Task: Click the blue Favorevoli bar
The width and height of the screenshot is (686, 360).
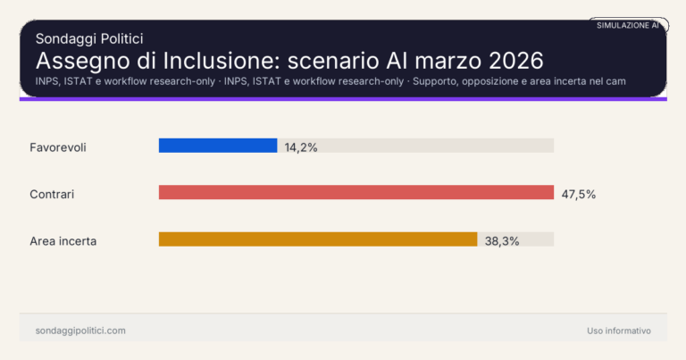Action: pyautogui.click(x=218, y=146)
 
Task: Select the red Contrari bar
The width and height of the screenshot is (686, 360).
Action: pyautogui.click(x=356, y=192)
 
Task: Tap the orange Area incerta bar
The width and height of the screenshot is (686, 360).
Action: pyautogui.click(x=318, y=239)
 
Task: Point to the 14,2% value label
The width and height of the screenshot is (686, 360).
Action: pyautogui.click(x=301, y=147)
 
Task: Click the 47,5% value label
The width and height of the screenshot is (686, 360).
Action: pyautogui.click(x=578, y=194)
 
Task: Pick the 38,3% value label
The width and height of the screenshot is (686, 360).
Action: pyautogui.click(x=501, y=241)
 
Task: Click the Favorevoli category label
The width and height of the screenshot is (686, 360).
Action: pyautogui.click(x=57, y=147)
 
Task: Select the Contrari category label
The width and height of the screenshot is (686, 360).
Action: pyautogui.click(x=52, y=194)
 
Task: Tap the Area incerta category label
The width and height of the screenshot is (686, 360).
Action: pyautogui.click(x=63, y=241)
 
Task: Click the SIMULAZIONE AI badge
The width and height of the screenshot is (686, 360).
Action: pyautogui.click(x=628, y=25)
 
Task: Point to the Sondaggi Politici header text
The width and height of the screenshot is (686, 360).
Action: pyautogui.click(x=89, y=38)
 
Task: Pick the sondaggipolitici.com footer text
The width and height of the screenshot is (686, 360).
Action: pyautogui.click(x=80, y=331)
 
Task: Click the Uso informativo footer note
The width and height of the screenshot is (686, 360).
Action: pyautogui.click(x=619, y=331)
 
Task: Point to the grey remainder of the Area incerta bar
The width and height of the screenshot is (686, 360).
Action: pyautogui.click(x=515, y=239)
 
